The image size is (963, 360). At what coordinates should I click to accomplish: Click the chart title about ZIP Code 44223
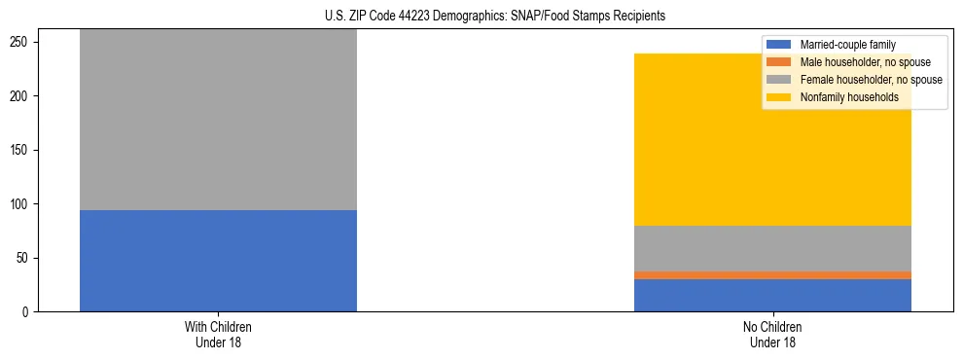coord(481,17)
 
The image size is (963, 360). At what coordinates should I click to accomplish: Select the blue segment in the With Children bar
coord(218,261)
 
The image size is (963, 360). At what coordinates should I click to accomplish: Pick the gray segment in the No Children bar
coord(772,248)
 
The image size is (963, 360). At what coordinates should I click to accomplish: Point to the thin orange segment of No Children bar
coord(772,275)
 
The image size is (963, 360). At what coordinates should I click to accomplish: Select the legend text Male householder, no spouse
coord(865,62)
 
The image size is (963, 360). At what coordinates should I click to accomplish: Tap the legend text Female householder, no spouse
coord(871,80)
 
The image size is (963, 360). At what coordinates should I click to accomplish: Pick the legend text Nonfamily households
coord(848,97)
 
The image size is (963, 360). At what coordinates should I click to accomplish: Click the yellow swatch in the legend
coord(779,97)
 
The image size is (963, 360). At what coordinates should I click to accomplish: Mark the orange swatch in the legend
coord(779,62)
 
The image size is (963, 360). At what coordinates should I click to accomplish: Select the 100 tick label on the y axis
coord(22,204)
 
